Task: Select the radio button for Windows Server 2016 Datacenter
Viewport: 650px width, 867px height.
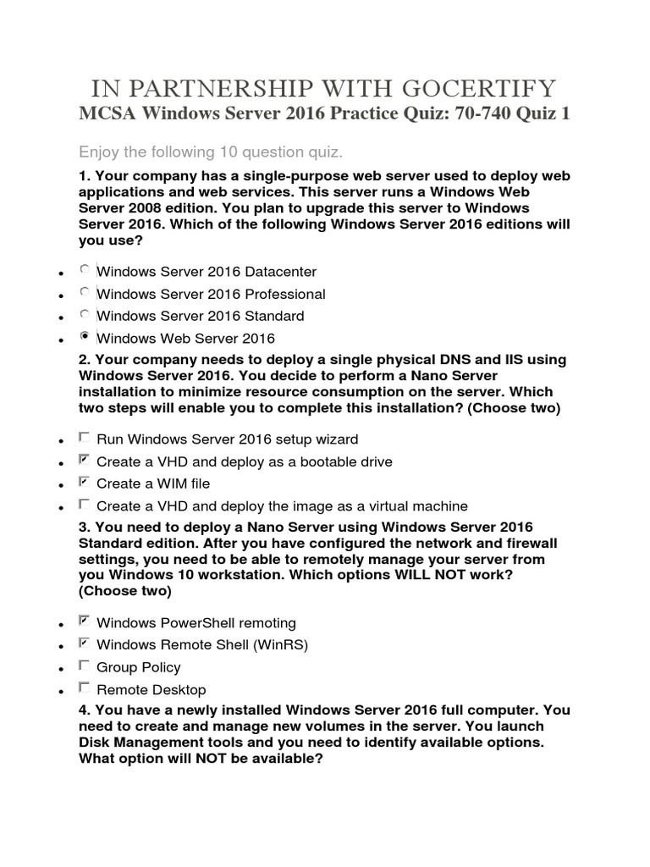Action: pyautogui.click(x=84, y=270)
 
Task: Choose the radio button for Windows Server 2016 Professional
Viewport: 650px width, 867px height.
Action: pyautogui.click(x=84, y=292)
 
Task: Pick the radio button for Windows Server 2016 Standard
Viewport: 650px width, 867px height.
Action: pyautogui.click(x=84, y=314)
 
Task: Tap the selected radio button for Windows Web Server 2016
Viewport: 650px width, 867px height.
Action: pyautogui.click(x=84, y=336)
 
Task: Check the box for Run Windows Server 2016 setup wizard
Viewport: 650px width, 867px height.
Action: pyautogui.click(x=84, y=438)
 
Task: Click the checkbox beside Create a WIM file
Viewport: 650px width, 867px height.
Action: pyautogui.click(x=84, y=482)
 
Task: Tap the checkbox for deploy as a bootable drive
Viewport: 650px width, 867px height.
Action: pyautogui.click(x=84, y=460)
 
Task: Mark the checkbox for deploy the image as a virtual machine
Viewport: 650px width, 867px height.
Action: pyautogui.click(x=84, y=504)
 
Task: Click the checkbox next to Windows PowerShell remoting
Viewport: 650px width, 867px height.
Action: pyautogui.click(x=84, y=621)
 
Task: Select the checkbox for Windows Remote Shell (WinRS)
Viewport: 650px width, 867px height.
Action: pyautogui.click(x=84, y=643)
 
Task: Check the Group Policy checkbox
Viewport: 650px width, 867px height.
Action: pyautogui.click(x=84, y=665)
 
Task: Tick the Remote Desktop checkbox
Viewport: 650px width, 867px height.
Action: pyautogui.click(x=84, y=688)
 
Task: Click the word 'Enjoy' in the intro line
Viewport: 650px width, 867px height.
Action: pyautogui.click(x=99, y=152)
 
